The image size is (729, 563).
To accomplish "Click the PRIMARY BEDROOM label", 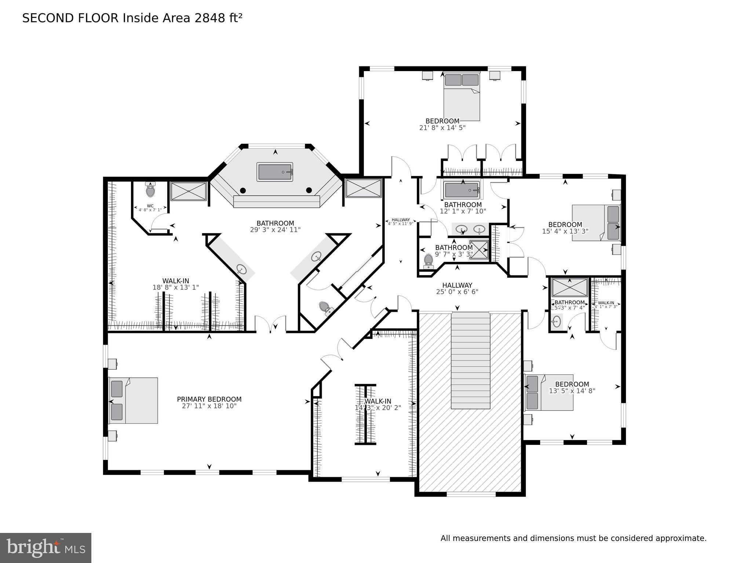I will (209, 399).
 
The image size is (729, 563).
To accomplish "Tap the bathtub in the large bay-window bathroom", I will (275, 172).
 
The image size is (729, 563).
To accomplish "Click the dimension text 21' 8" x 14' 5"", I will (442, 128).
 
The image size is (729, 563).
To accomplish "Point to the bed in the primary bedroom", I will (134, 400).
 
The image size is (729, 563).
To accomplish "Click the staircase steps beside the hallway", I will (470, 360).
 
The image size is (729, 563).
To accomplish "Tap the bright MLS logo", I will (45, 548).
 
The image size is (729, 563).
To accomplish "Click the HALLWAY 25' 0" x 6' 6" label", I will (457, 288).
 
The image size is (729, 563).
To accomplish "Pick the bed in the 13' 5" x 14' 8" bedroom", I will (549, 392).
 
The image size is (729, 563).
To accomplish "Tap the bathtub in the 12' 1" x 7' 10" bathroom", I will (462, 190).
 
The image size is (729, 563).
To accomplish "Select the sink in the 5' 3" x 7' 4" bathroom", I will (557, 322).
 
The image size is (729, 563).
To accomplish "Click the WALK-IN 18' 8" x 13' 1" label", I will (176, 284).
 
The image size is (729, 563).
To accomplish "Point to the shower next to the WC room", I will (188, 191).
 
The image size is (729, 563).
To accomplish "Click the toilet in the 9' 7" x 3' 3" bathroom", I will (428, 260).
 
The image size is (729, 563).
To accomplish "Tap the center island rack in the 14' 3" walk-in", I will (365, 414).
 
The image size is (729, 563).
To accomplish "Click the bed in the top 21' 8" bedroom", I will (462, 97).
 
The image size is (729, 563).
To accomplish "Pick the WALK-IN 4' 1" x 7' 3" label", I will (606, 304).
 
